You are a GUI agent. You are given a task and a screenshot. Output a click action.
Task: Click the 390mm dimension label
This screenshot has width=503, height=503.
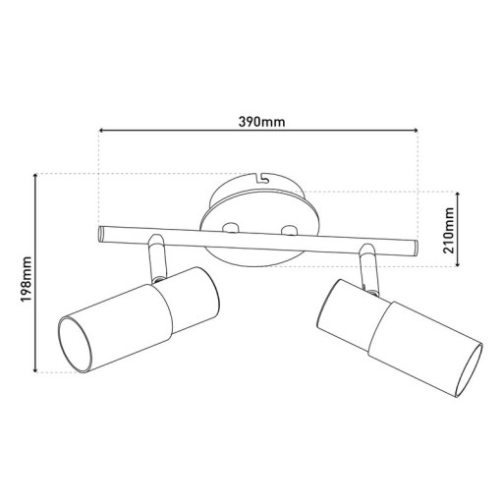click(x=260, y=122)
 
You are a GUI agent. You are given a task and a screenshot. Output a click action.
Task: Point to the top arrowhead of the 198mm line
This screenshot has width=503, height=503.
click(x=36, y=178)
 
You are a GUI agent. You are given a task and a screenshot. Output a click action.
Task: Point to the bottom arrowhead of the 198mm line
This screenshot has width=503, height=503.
click(x=36, y=369)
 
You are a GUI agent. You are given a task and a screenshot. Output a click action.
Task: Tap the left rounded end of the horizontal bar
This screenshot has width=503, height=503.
click(x=101, y=234)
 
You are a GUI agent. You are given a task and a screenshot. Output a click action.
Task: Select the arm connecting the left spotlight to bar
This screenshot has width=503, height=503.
click(x=157, y=256)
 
